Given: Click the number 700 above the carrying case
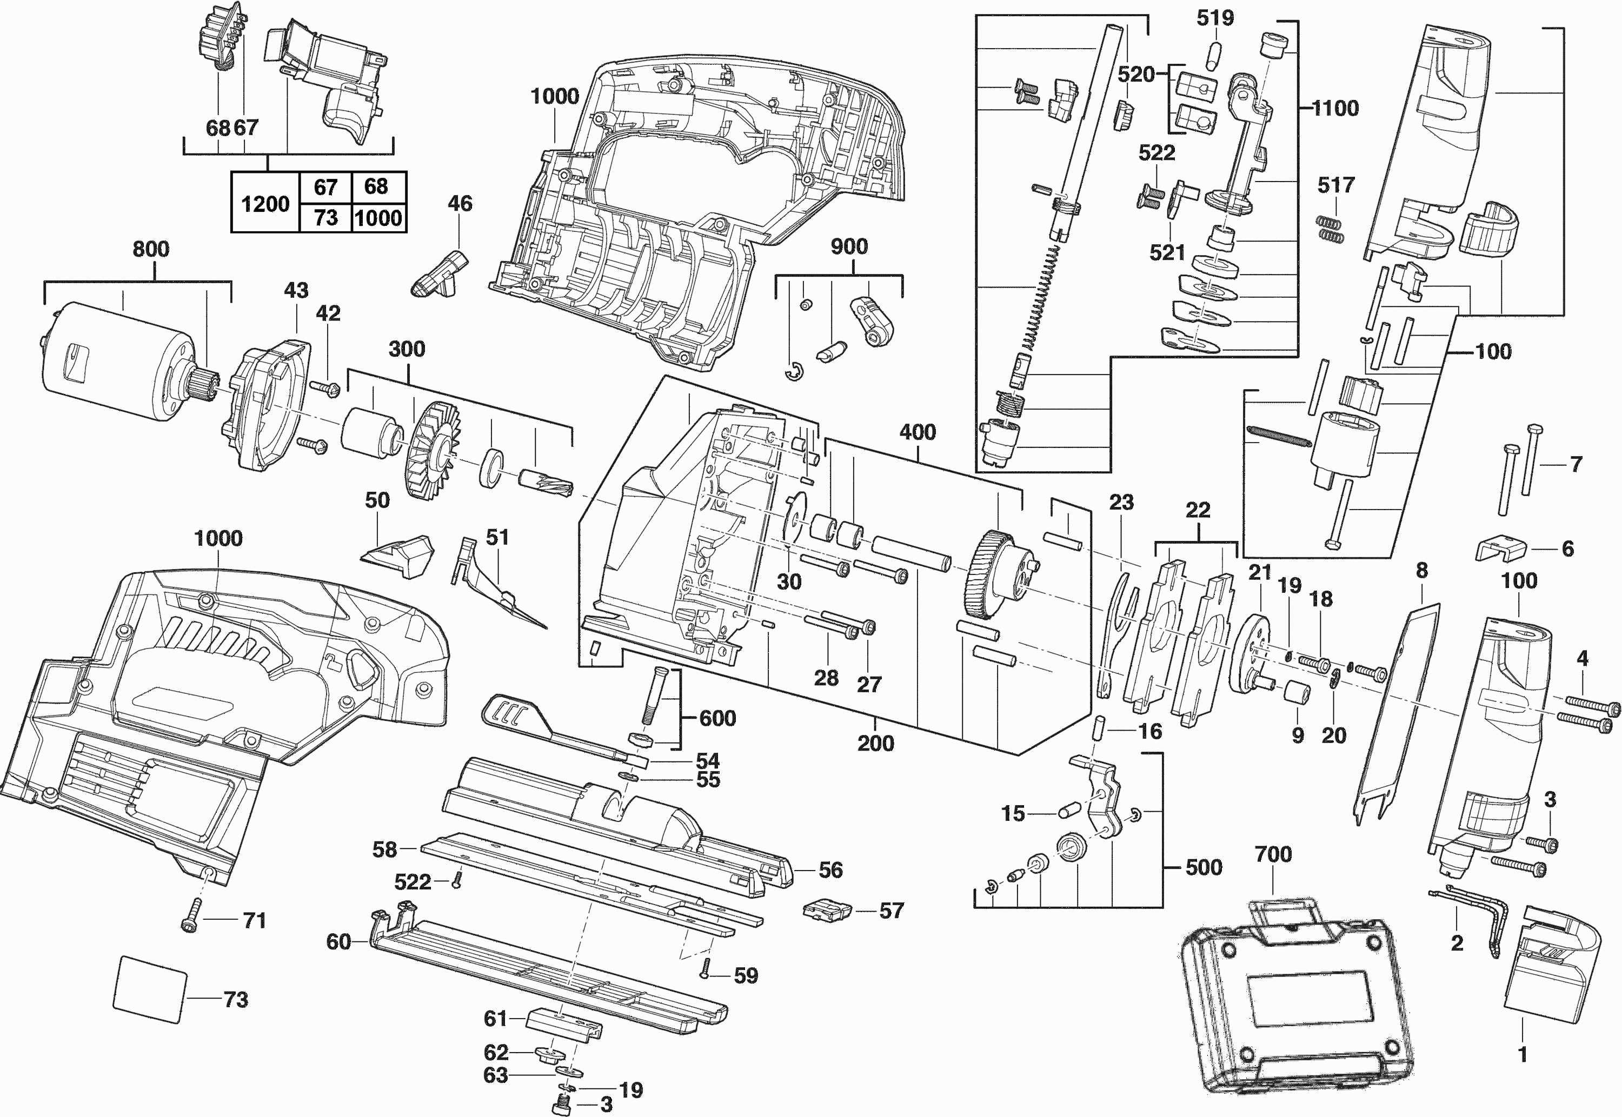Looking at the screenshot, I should (x=1273, y=854).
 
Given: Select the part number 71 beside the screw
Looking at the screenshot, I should (x=254, y=920).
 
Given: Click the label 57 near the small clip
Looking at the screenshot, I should (x=891, y=911).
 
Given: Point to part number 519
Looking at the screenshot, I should (x=1214, y=18).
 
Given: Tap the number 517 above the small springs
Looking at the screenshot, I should (x=1335, y=185).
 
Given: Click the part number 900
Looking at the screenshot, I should (x=849, y=246).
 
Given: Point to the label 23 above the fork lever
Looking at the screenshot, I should (x=1121, y=502).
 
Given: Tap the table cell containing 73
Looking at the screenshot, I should (x=325, y=218).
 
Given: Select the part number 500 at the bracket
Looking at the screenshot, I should (x=1204, y=867).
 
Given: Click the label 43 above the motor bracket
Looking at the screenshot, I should (x=296, y=290).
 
